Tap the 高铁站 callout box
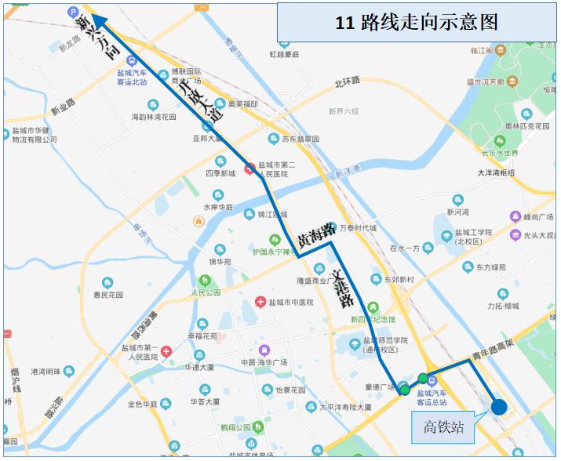[x=443, y=427]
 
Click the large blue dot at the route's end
[x=498, y=406]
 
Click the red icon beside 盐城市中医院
[x=260, y=303]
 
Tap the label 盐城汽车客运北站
[x=132, y=77]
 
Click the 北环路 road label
[x=347, y=81]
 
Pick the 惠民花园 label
[x=109, y=296]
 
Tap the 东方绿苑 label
[x=491, y=267]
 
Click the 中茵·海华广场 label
[x=264, y=362]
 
